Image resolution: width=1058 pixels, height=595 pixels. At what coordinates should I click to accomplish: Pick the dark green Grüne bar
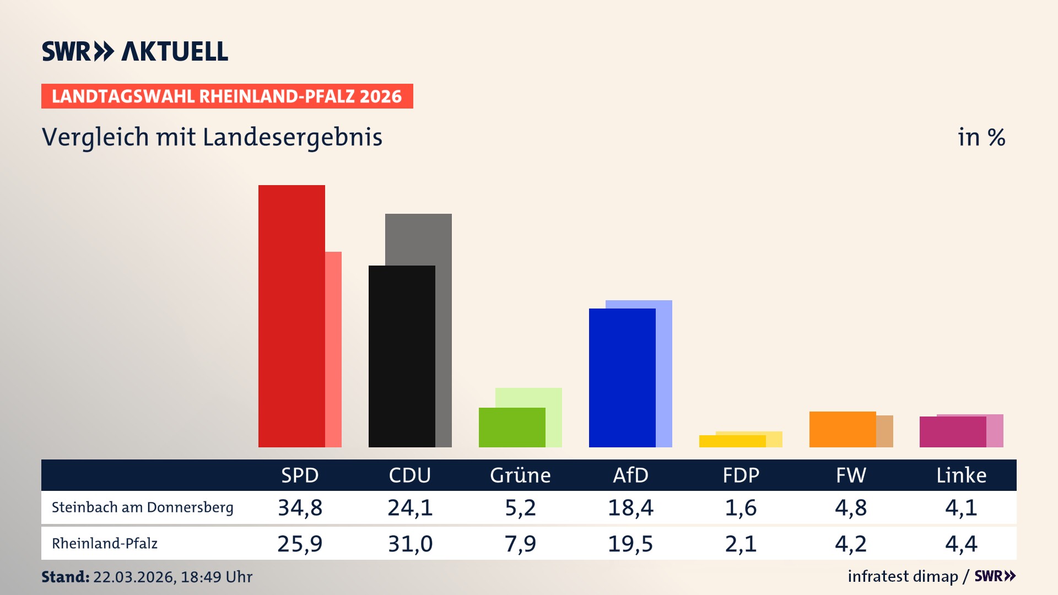coord(512,428)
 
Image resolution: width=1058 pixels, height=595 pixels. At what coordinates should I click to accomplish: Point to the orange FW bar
coord(843,429)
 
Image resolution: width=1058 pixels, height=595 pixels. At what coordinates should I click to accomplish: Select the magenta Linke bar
coord(953,432)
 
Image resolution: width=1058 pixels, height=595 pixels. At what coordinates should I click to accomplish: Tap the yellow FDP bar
coord(732,441)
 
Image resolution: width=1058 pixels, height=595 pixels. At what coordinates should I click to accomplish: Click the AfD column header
coord(630,475)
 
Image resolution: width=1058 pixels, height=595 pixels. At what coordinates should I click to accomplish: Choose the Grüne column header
coord(520,475)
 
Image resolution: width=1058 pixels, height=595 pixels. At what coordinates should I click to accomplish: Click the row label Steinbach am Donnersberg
coord(142,507)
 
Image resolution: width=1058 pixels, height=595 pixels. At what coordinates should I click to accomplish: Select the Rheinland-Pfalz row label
coord(105,544)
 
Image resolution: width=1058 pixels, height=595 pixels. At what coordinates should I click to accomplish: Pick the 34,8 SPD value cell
coord(300,507)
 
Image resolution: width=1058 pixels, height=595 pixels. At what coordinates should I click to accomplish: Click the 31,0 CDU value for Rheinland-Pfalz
coord(410,544)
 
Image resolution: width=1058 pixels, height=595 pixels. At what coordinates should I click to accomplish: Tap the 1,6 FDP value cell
coord(741,507)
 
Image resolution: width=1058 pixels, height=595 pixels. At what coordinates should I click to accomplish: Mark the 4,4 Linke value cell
coord(961,544)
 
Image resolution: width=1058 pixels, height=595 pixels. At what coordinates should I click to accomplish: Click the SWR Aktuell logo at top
coord(135,51)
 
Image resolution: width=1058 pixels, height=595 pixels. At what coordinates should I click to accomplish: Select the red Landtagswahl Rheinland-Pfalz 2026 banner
coord(227,96)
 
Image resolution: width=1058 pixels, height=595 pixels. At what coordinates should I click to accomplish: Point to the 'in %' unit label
coord(981,137)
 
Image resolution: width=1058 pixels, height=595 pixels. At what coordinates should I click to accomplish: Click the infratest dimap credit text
coord(903,576)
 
